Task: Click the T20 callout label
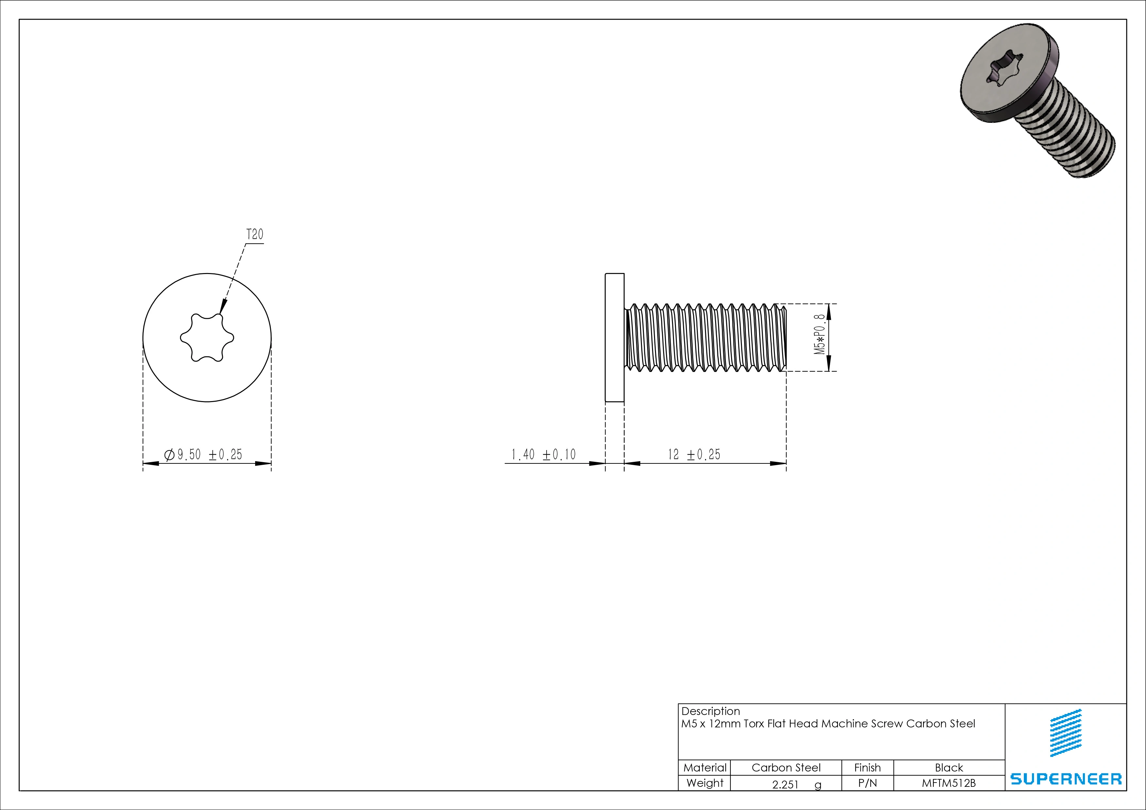254,235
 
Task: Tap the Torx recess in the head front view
207,338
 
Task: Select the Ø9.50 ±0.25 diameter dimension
203,455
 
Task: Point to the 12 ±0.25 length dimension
694,455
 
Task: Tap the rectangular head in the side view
614,337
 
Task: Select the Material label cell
705,768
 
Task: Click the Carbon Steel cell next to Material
786,768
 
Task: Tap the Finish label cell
867,768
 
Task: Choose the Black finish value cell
949,768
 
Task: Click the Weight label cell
705,783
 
